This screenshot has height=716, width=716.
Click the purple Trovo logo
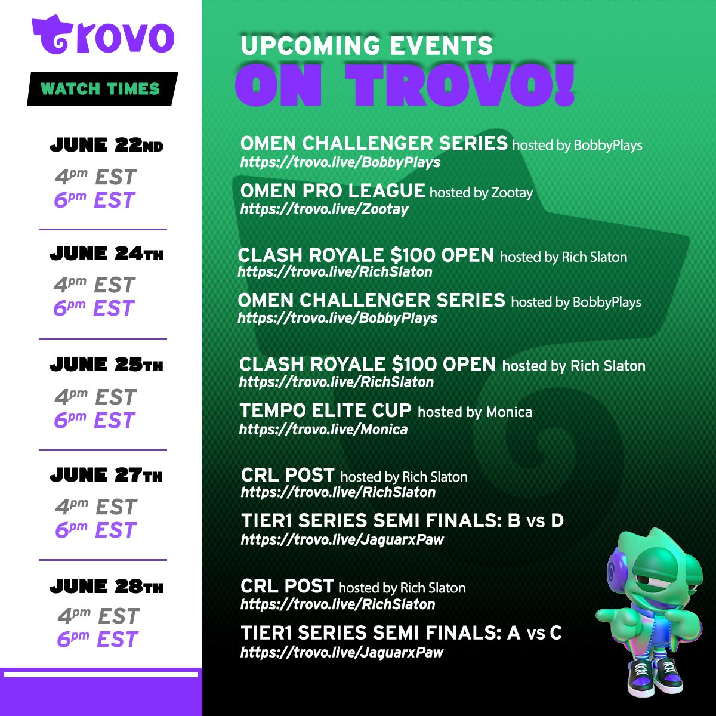103,35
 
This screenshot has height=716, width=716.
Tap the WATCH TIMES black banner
102,89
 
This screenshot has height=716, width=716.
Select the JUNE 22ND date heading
106,145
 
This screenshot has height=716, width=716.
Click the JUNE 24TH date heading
106,254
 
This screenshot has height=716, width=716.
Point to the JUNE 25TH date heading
106,365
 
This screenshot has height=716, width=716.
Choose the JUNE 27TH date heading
106,475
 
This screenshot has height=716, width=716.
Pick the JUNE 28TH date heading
106,587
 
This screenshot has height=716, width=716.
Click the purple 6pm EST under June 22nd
95,200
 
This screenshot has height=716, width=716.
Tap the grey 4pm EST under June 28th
98,616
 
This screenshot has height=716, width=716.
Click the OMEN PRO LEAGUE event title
332,191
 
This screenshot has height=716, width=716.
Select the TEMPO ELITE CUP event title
326,411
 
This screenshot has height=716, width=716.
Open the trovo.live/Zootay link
325,209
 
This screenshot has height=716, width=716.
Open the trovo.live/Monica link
323,430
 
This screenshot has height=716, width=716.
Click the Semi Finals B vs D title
402,520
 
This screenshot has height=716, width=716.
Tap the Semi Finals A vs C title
402,633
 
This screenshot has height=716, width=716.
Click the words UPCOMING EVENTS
367,45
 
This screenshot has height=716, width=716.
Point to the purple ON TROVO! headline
405,85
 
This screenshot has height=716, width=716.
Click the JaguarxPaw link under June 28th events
342,653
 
